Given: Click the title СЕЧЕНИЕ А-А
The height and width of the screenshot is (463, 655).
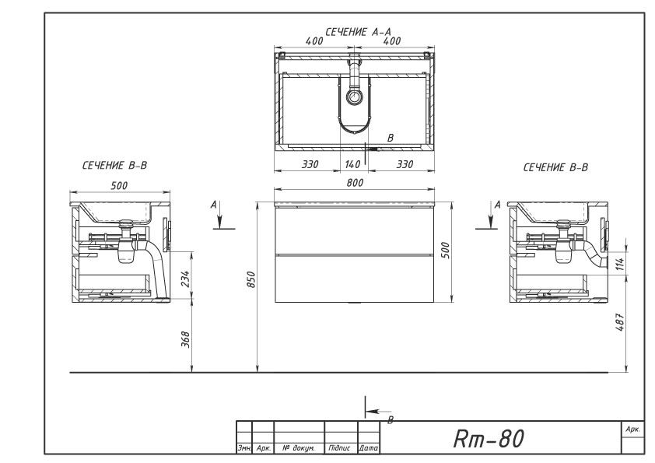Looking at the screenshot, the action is click(x=358, y=32).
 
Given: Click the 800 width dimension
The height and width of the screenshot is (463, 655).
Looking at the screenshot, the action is click(x=355, y=183).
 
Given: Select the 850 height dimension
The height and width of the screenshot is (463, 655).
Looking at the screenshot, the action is click(x=251, y=279).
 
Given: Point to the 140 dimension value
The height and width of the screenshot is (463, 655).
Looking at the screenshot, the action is click(x=353, y=164).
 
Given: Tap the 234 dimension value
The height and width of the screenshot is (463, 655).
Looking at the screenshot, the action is click(x=186, y=279).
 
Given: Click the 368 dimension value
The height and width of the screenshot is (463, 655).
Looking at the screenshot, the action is click(x=186, y=340).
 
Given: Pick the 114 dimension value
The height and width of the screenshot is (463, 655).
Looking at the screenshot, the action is click(x=620, y=264).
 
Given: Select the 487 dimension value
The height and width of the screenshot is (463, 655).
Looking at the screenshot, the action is click(x=620, y=323).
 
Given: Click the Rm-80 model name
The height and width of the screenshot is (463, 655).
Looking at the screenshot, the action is click(x=489, y=438).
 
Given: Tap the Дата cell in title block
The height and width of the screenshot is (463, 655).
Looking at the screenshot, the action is click(x=369, y=448).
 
